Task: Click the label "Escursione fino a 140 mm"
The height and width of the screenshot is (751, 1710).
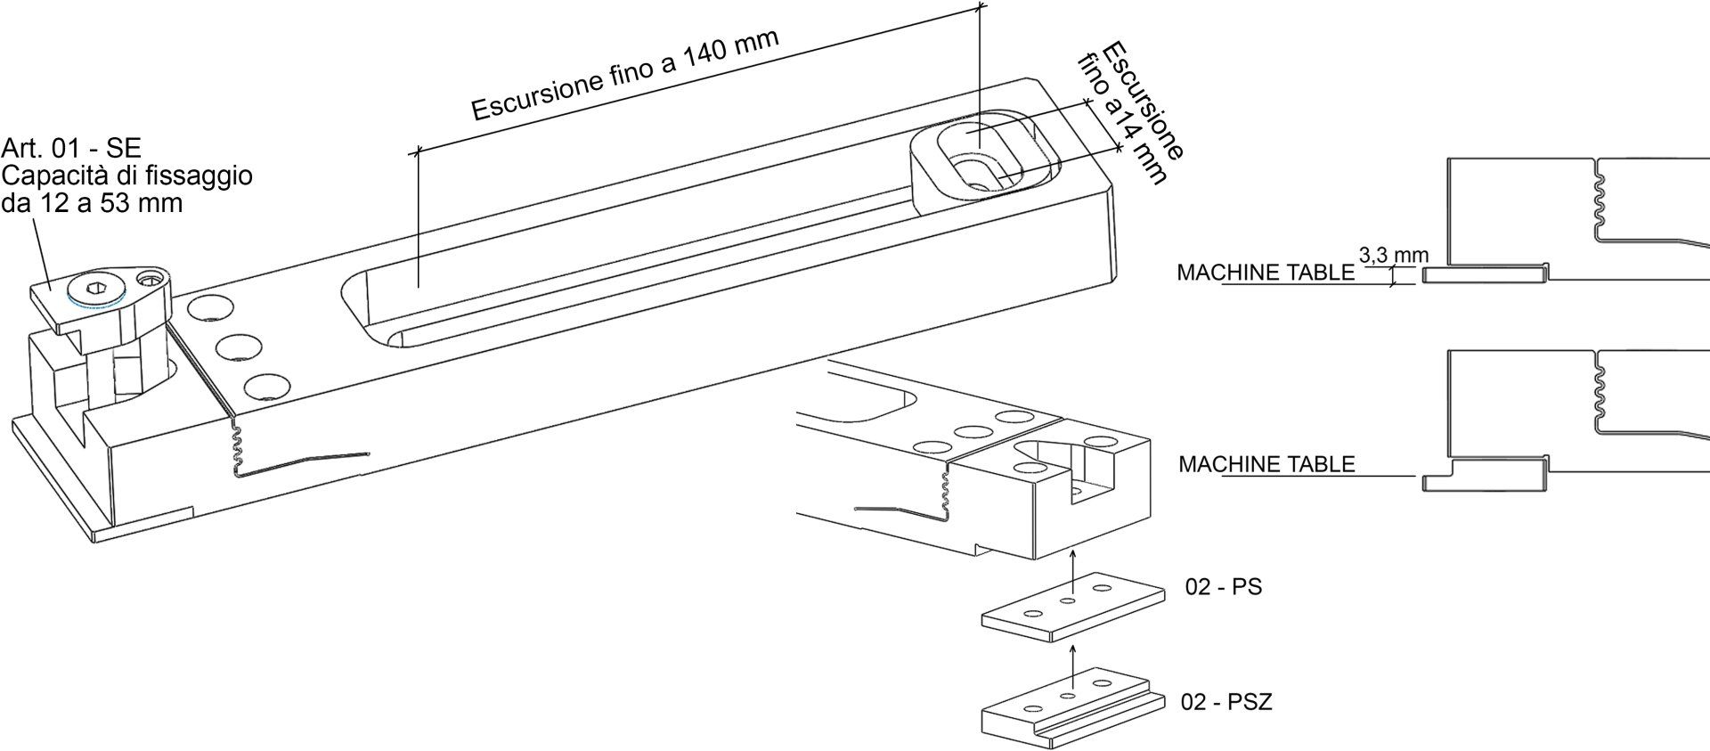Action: pos(625,75)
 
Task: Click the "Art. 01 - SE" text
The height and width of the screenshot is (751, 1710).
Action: pos(71,148)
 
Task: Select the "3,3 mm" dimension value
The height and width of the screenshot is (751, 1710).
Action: pos(1393,256)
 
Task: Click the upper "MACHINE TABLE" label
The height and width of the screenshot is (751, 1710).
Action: pos(1265,273)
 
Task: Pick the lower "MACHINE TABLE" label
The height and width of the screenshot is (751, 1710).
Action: pos(1266,464)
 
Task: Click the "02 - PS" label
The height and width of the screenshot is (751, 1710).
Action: pos(1223,588)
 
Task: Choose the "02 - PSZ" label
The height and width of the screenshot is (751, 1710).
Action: pos(1226,702)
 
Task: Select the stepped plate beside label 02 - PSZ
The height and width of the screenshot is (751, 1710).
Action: pos(1072,717)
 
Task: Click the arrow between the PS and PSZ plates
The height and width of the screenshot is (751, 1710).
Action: pos(1072,661)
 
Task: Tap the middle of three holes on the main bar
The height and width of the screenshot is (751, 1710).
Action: pos(236,347)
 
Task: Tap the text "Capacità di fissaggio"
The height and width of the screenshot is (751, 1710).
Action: pos(128,176)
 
